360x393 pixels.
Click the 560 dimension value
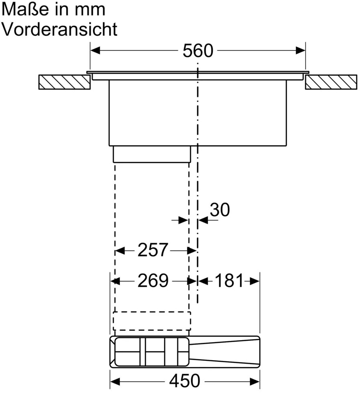point(198,51)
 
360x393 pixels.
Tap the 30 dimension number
point(219,210)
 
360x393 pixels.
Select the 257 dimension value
point(152,251)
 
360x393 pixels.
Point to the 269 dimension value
point(153,281)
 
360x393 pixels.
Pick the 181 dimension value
point(229,281)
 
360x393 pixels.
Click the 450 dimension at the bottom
point(184,381)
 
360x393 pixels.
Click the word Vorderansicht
point(60,29)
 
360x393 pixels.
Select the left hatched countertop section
point(65,82)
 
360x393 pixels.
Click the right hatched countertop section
point(331,82)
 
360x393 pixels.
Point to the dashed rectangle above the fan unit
point(152,320)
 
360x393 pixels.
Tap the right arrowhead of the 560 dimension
point(300,51)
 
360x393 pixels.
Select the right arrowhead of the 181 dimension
point(255,281)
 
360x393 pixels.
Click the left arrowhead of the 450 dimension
point(115,381)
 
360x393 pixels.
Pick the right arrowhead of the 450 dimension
point(255,381)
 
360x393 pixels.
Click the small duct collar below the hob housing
point(152,154)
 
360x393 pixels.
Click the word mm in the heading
point(92,9)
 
